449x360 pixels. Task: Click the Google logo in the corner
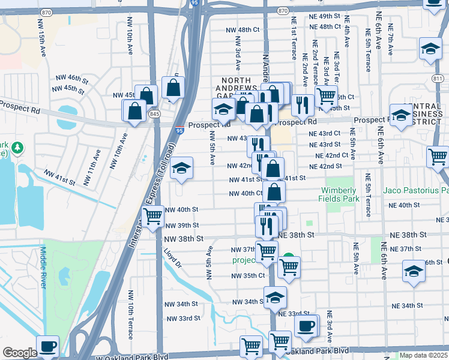pyautogui.click(x=20, y=353)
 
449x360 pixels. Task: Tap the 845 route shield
pyautogui.click(x=155, y=113)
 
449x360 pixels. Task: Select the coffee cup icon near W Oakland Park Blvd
pyautogui.click(x=47, y=346)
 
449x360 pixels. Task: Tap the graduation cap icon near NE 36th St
pyautogui.click(x=414, y=270)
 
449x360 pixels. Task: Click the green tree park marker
pyautogui.click(x=18, y=147)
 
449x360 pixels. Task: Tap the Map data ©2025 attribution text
pyautogui.click(x=424, y=355)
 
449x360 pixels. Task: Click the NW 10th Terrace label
pyautogui.click(x=130, y=320)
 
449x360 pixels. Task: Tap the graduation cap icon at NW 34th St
pyautogui.click(x=275, y=297)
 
